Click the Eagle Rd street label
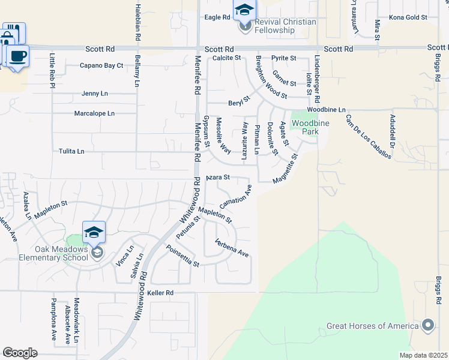click(x=217, y=17)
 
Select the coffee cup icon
click(x=18, y=56)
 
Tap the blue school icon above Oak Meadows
click(x=95, y=232)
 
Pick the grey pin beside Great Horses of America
click(x=427, y=326)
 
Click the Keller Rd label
click(x=160, y=293)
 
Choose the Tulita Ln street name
click(x=71, y=152)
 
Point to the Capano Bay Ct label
click(x=101, y=65)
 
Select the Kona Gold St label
click(x=408, y=17)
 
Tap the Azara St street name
click(x=218, y=178)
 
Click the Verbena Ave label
click(x=232, y=248)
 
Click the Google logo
click(x=20, y=352)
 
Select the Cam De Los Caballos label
click(x=368, y=136)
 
